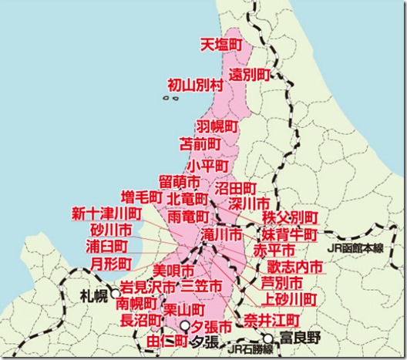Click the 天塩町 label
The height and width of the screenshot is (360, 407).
point(220,45)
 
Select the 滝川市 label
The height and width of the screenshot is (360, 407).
point(222,234)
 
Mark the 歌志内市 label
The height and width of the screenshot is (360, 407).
point(290,266)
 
